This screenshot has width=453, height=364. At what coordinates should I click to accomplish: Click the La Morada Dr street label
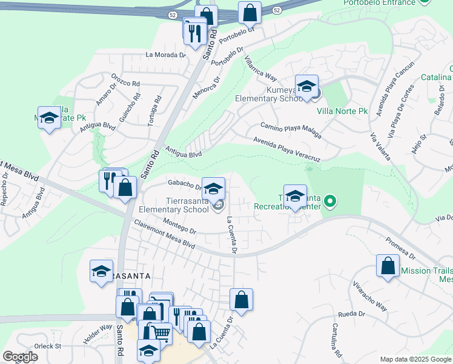click(x=165, y=55)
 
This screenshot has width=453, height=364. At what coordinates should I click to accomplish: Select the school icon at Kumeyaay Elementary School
click(x=306, y=86)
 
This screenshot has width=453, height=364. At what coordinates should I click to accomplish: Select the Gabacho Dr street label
click(x=184, y=184)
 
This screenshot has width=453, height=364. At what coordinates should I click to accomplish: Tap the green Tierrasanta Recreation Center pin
click(x=329, y=200)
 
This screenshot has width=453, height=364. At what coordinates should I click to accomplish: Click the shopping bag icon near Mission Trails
click(x=388, y=266)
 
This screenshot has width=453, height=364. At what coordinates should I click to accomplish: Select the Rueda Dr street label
click(x=352, y=314)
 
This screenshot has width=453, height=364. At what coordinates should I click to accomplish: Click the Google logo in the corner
click(x=20, y=357)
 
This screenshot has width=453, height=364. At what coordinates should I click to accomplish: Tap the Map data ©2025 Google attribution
click(x=415, y=359)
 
